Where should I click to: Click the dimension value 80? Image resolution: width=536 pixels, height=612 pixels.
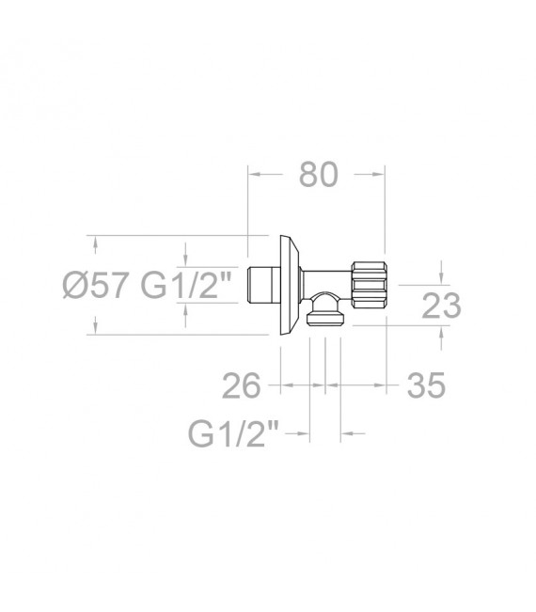318,175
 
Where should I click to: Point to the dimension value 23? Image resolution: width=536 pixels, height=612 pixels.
442,306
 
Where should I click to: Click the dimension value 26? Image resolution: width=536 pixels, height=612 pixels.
241,385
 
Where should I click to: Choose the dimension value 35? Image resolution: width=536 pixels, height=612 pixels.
426,385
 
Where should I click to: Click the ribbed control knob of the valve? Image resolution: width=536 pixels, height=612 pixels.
369,285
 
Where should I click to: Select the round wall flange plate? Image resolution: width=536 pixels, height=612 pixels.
290,285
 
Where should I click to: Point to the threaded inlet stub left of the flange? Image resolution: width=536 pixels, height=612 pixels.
264,285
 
